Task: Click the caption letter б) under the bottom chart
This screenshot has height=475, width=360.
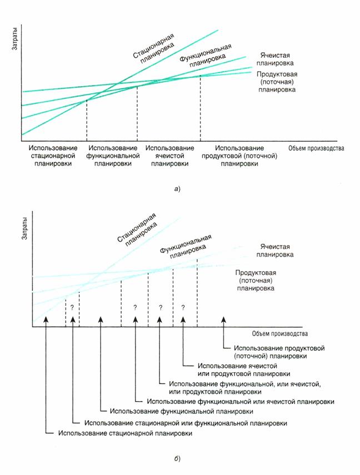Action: (x=176, y=459)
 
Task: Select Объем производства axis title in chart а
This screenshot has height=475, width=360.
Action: (x=316, y=149)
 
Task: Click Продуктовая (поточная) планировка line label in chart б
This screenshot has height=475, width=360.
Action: (x=256, y=281)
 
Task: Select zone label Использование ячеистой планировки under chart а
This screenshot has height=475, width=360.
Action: (x=169, y=156)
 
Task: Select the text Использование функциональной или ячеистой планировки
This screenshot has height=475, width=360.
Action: (x=240, y=401)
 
